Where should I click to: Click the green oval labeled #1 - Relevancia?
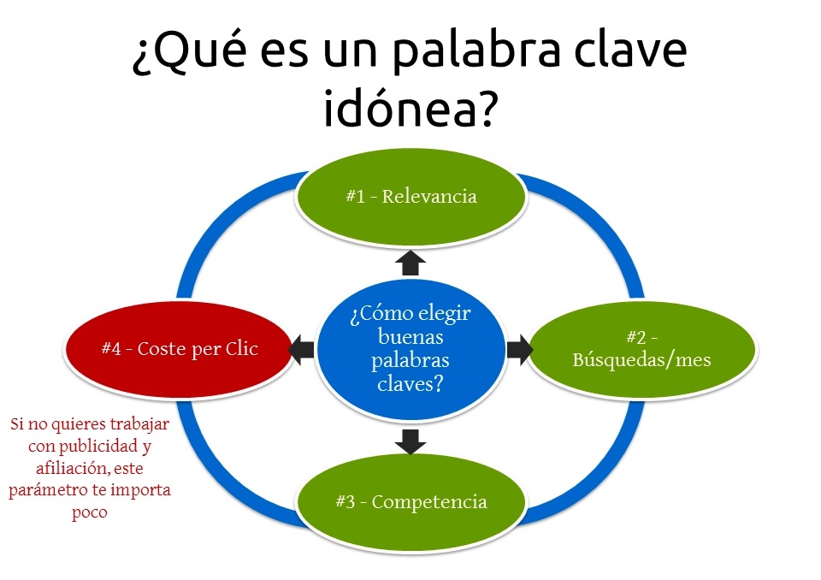click(x=410, y=197)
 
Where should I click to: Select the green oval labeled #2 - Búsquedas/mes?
click(x=642, y=349)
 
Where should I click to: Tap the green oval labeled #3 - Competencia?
click(x=410, y=501)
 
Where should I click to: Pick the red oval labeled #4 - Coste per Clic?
click(x=179, y=349)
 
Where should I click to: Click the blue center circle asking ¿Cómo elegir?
click(x=410, y=349)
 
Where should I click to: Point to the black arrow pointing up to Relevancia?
click(x=410, y=263)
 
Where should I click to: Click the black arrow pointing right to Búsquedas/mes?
click(x=520, y=350)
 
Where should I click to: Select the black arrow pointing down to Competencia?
click(x=410, y=441)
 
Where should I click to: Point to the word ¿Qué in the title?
click(x=189, y=51)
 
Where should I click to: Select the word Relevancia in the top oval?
click(x=429, y=197)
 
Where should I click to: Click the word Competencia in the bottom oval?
click(x=429, y=502)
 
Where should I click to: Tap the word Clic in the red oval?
click(x=241, y=348)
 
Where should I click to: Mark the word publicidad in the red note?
click(x=97, y=446)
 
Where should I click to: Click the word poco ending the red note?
click(x=90, y=512)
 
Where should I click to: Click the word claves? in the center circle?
click(x=410, y=384)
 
